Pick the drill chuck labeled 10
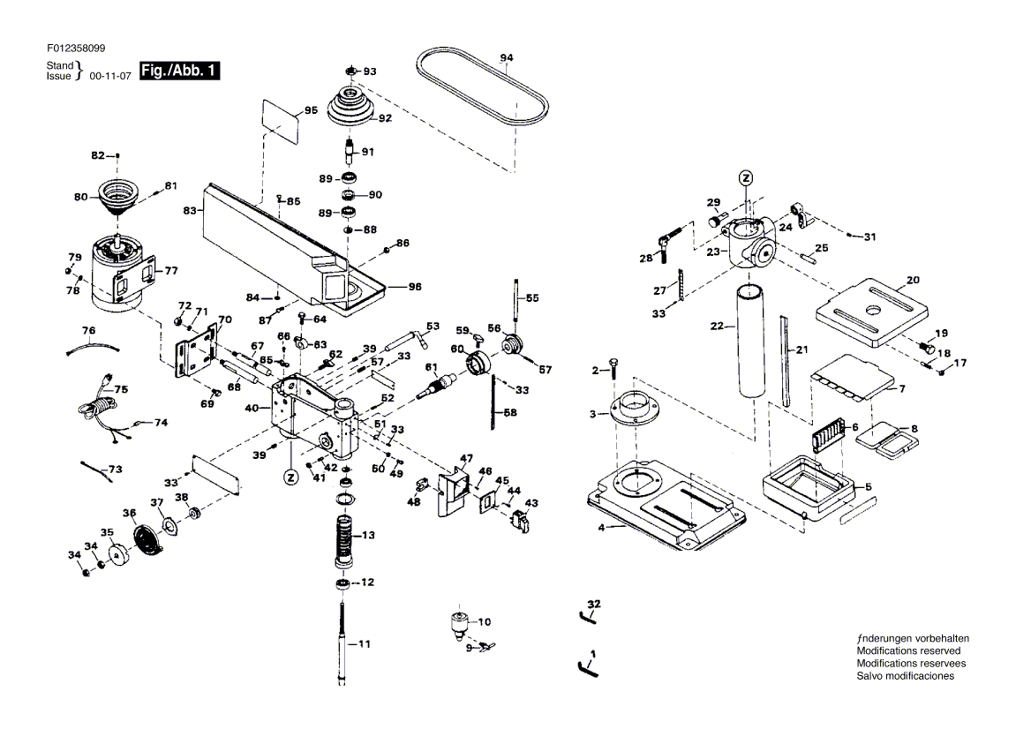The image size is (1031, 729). click(x=461, y=621)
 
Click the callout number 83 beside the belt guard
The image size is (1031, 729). click(x=189, y=211)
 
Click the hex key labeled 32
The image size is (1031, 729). click(x=584, y=613)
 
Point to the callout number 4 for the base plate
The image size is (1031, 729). click(x=601, y=528)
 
